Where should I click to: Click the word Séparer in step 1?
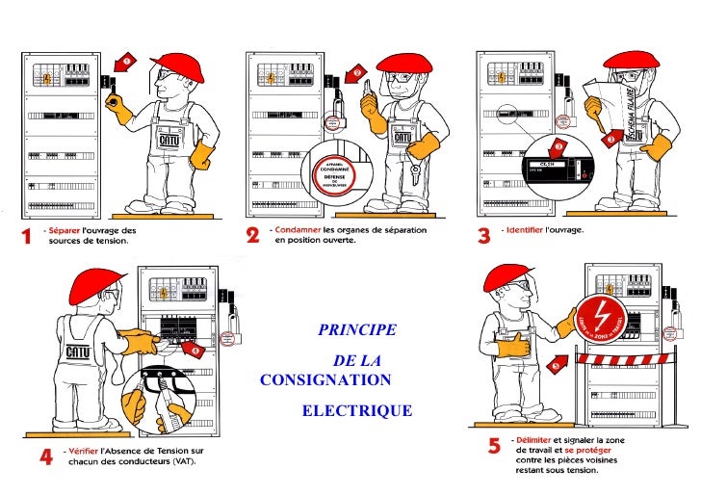pyautogui.click(x=66, y=230)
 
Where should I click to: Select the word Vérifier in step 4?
pyautogui.click(x=83, y=451)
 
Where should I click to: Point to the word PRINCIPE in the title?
pyautogui.click(x=356, y=330)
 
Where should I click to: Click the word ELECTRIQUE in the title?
pyautogui.click(x=356, y=411)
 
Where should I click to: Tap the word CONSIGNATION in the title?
pyautogui.click(x=325, y=379)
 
